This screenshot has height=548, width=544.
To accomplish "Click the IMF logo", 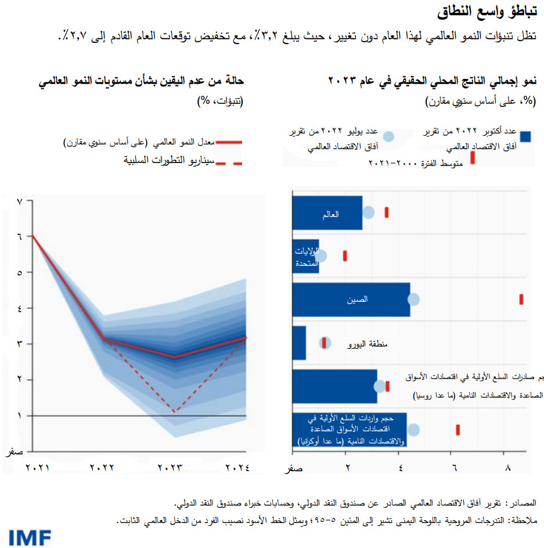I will [x=30, y=537].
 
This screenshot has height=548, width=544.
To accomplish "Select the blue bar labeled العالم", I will [x=327, y=212].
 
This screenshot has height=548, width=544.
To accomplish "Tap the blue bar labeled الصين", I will [x=351, y=300].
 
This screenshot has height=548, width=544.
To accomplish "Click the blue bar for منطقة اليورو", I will [x=299, y=343].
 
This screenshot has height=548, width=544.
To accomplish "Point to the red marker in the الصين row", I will [x=521, y=299].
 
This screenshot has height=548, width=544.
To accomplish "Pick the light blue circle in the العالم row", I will [x=368, y=212].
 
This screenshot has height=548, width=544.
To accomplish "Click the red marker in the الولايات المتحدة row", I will [x=345, y=255].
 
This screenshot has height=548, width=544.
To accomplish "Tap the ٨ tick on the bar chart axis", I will [x=508, y=468].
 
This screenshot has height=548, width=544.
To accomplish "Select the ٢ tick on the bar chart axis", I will [x=347, y=468].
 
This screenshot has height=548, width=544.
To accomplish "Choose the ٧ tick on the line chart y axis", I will [x=20, y=201].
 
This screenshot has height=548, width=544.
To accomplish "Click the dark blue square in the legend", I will [x=525, y=136].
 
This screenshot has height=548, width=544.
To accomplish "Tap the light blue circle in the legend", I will [x=389, y=136].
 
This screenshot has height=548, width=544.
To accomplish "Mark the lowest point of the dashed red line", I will [x=175, y=412].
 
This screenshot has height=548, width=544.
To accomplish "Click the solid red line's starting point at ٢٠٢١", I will [x=33, y=236].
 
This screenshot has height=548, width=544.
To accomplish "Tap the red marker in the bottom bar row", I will [x=458, y=430].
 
